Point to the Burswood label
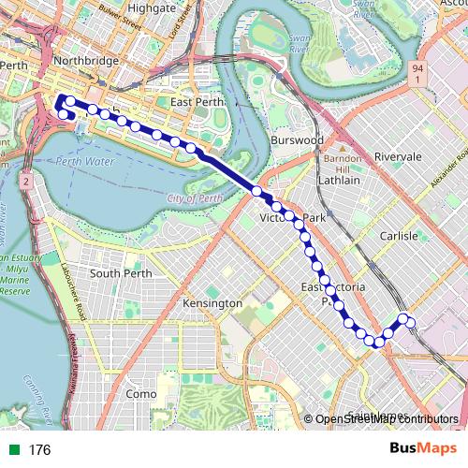298,139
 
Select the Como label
141,394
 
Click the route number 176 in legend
38,450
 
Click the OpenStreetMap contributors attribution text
388,420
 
